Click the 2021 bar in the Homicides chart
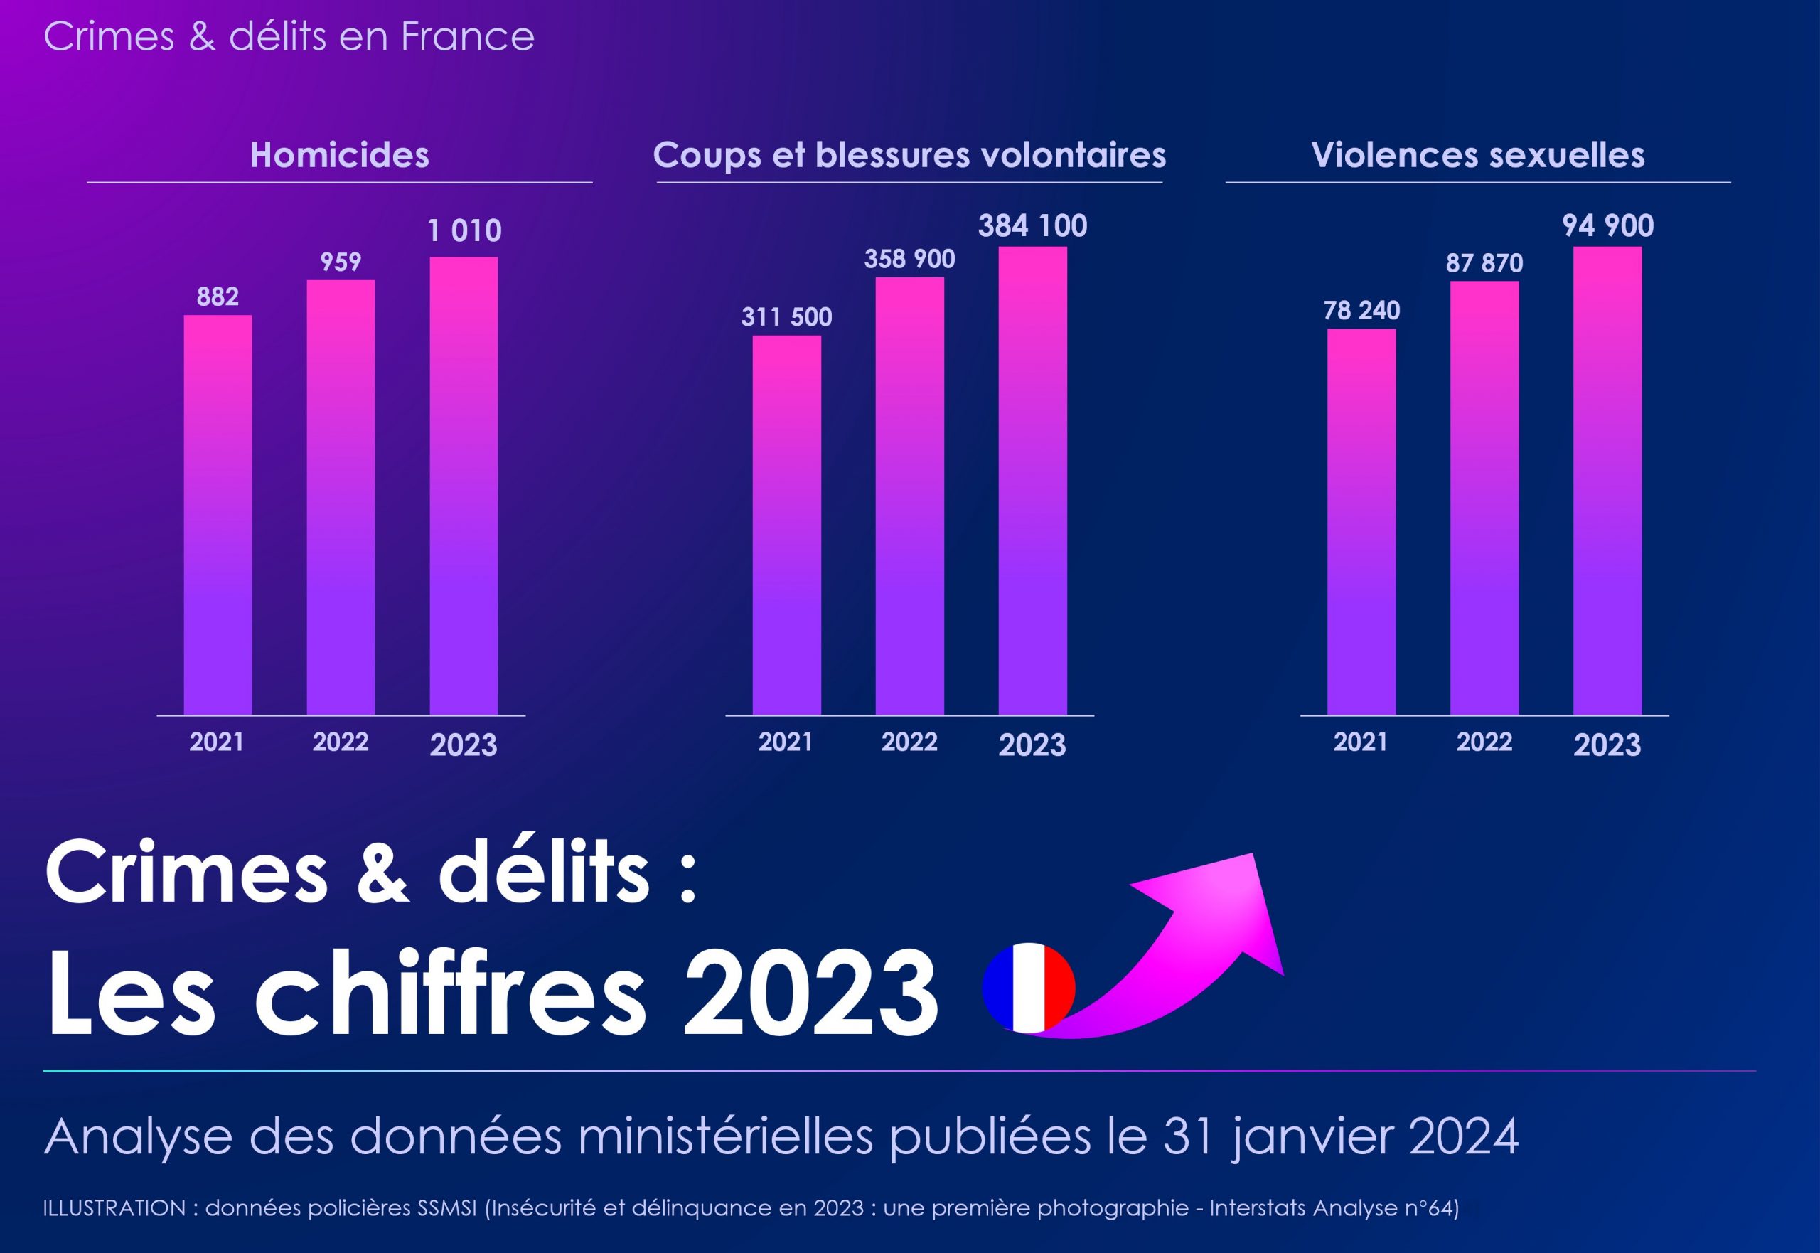(218, 514)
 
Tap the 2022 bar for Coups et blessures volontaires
(909, 496)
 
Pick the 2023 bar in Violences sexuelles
(1607, 481)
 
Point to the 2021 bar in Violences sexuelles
(1361, 521)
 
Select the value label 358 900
(909, 259)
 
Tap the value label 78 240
(1361, 311)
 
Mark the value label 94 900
(1607, 226)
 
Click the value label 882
(218, 297)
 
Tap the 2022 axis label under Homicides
(341, 742)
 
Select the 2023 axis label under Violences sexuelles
(1607, 745)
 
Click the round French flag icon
(1028, 988)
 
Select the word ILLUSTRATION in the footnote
(114, 1208)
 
